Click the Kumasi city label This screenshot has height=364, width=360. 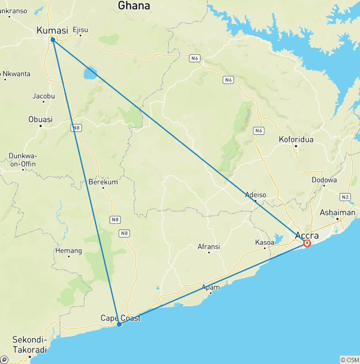[x=52, y=30]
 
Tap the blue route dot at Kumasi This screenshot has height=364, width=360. [x=53, y=39]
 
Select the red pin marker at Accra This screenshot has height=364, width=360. [x=307, y=243]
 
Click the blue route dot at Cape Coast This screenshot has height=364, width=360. [x=120, y=324]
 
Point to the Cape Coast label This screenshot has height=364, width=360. [x=120, y=318]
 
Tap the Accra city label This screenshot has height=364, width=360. [x=307, y=235]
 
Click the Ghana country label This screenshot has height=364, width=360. [x=134, y=6]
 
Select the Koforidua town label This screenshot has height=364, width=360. [x=296, y=139]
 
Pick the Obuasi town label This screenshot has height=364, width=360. [x=40, y=119]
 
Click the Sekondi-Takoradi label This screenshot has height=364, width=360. [x=30, y=344]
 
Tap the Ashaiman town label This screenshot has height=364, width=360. [x=337, y=212]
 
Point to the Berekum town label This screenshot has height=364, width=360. [x=103, y=182]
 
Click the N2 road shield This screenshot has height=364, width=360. [x=345, y=197]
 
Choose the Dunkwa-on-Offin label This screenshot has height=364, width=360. [x=22, y=160]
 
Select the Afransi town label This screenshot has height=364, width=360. [x=209, y=246]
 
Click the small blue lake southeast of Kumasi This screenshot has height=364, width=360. [x=90, y=73]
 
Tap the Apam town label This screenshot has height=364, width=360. [x=210, y=287]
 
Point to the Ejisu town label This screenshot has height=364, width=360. [x=80, y=30]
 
